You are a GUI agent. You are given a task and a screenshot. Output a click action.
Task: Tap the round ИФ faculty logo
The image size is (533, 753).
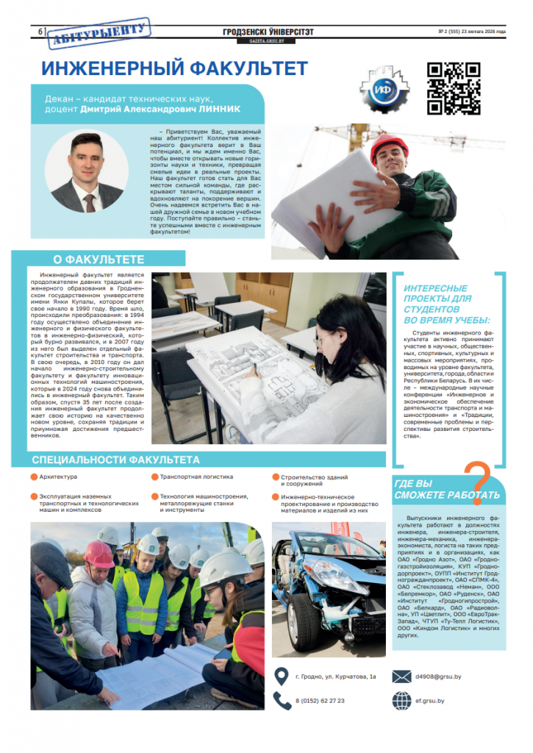click(382, 90)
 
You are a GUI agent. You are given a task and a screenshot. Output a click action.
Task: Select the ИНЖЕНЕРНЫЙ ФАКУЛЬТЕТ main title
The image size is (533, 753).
click(174, 69)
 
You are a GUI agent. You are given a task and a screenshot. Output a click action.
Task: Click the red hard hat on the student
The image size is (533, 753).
click(389, 146)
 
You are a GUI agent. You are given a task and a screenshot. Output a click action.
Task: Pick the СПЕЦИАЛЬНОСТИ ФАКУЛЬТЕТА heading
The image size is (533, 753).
click(116, 460)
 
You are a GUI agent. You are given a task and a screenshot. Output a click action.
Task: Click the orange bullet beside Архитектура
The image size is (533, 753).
click(35, 477)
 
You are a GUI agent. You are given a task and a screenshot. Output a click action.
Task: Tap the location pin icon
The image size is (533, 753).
click(281, 676)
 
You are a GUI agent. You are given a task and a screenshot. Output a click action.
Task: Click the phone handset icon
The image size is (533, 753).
click(281, 700)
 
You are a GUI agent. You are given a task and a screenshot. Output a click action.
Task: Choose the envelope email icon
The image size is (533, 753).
click(401, 677)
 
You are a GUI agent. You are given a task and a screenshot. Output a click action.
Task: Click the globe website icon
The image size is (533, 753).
click(401, 701)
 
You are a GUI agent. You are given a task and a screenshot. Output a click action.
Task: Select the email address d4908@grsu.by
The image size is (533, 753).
click(438, 677)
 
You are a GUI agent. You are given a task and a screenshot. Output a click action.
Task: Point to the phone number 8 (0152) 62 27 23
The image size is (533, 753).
click(320, 701)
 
